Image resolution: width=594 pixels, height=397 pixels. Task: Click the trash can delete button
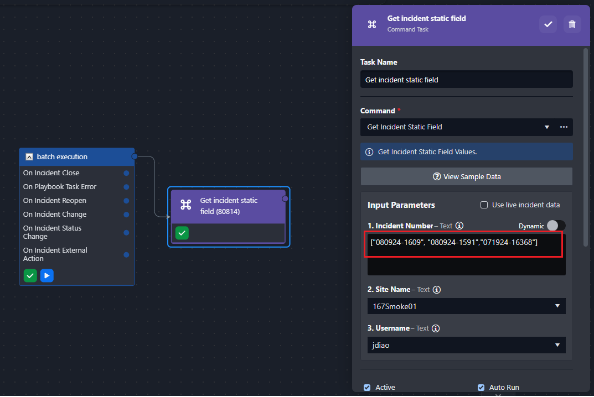coord(572,24)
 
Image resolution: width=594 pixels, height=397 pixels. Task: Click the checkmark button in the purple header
coord(548,24)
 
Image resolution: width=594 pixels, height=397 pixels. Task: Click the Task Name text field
coord(466,80)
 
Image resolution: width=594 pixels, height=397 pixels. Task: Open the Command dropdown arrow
coord(546,127)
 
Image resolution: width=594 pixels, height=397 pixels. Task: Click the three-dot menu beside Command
coord(564,127)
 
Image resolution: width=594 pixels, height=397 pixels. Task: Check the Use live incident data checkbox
coord(484,205)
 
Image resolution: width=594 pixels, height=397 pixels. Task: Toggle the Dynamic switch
coord(556,226)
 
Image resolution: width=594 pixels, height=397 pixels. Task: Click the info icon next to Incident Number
coord(459,226)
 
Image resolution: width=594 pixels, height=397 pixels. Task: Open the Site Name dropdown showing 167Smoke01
coord(466,306)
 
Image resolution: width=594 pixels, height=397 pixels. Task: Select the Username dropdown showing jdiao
coord(466,345)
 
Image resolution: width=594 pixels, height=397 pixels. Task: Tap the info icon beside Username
coord(436,328)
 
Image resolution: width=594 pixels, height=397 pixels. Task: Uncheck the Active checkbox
coord(367,388)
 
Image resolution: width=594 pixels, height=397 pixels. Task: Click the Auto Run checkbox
coord(481,388)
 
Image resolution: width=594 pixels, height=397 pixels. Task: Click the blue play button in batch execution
coord(47,275)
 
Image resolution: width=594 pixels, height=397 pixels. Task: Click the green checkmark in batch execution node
coord(30,275)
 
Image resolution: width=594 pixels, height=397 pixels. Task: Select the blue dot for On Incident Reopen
coord(127,201)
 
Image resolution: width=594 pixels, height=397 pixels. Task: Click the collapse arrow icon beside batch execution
coord(29,156)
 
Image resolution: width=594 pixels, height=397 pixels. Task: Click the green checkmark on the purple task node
coord(182,233)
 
